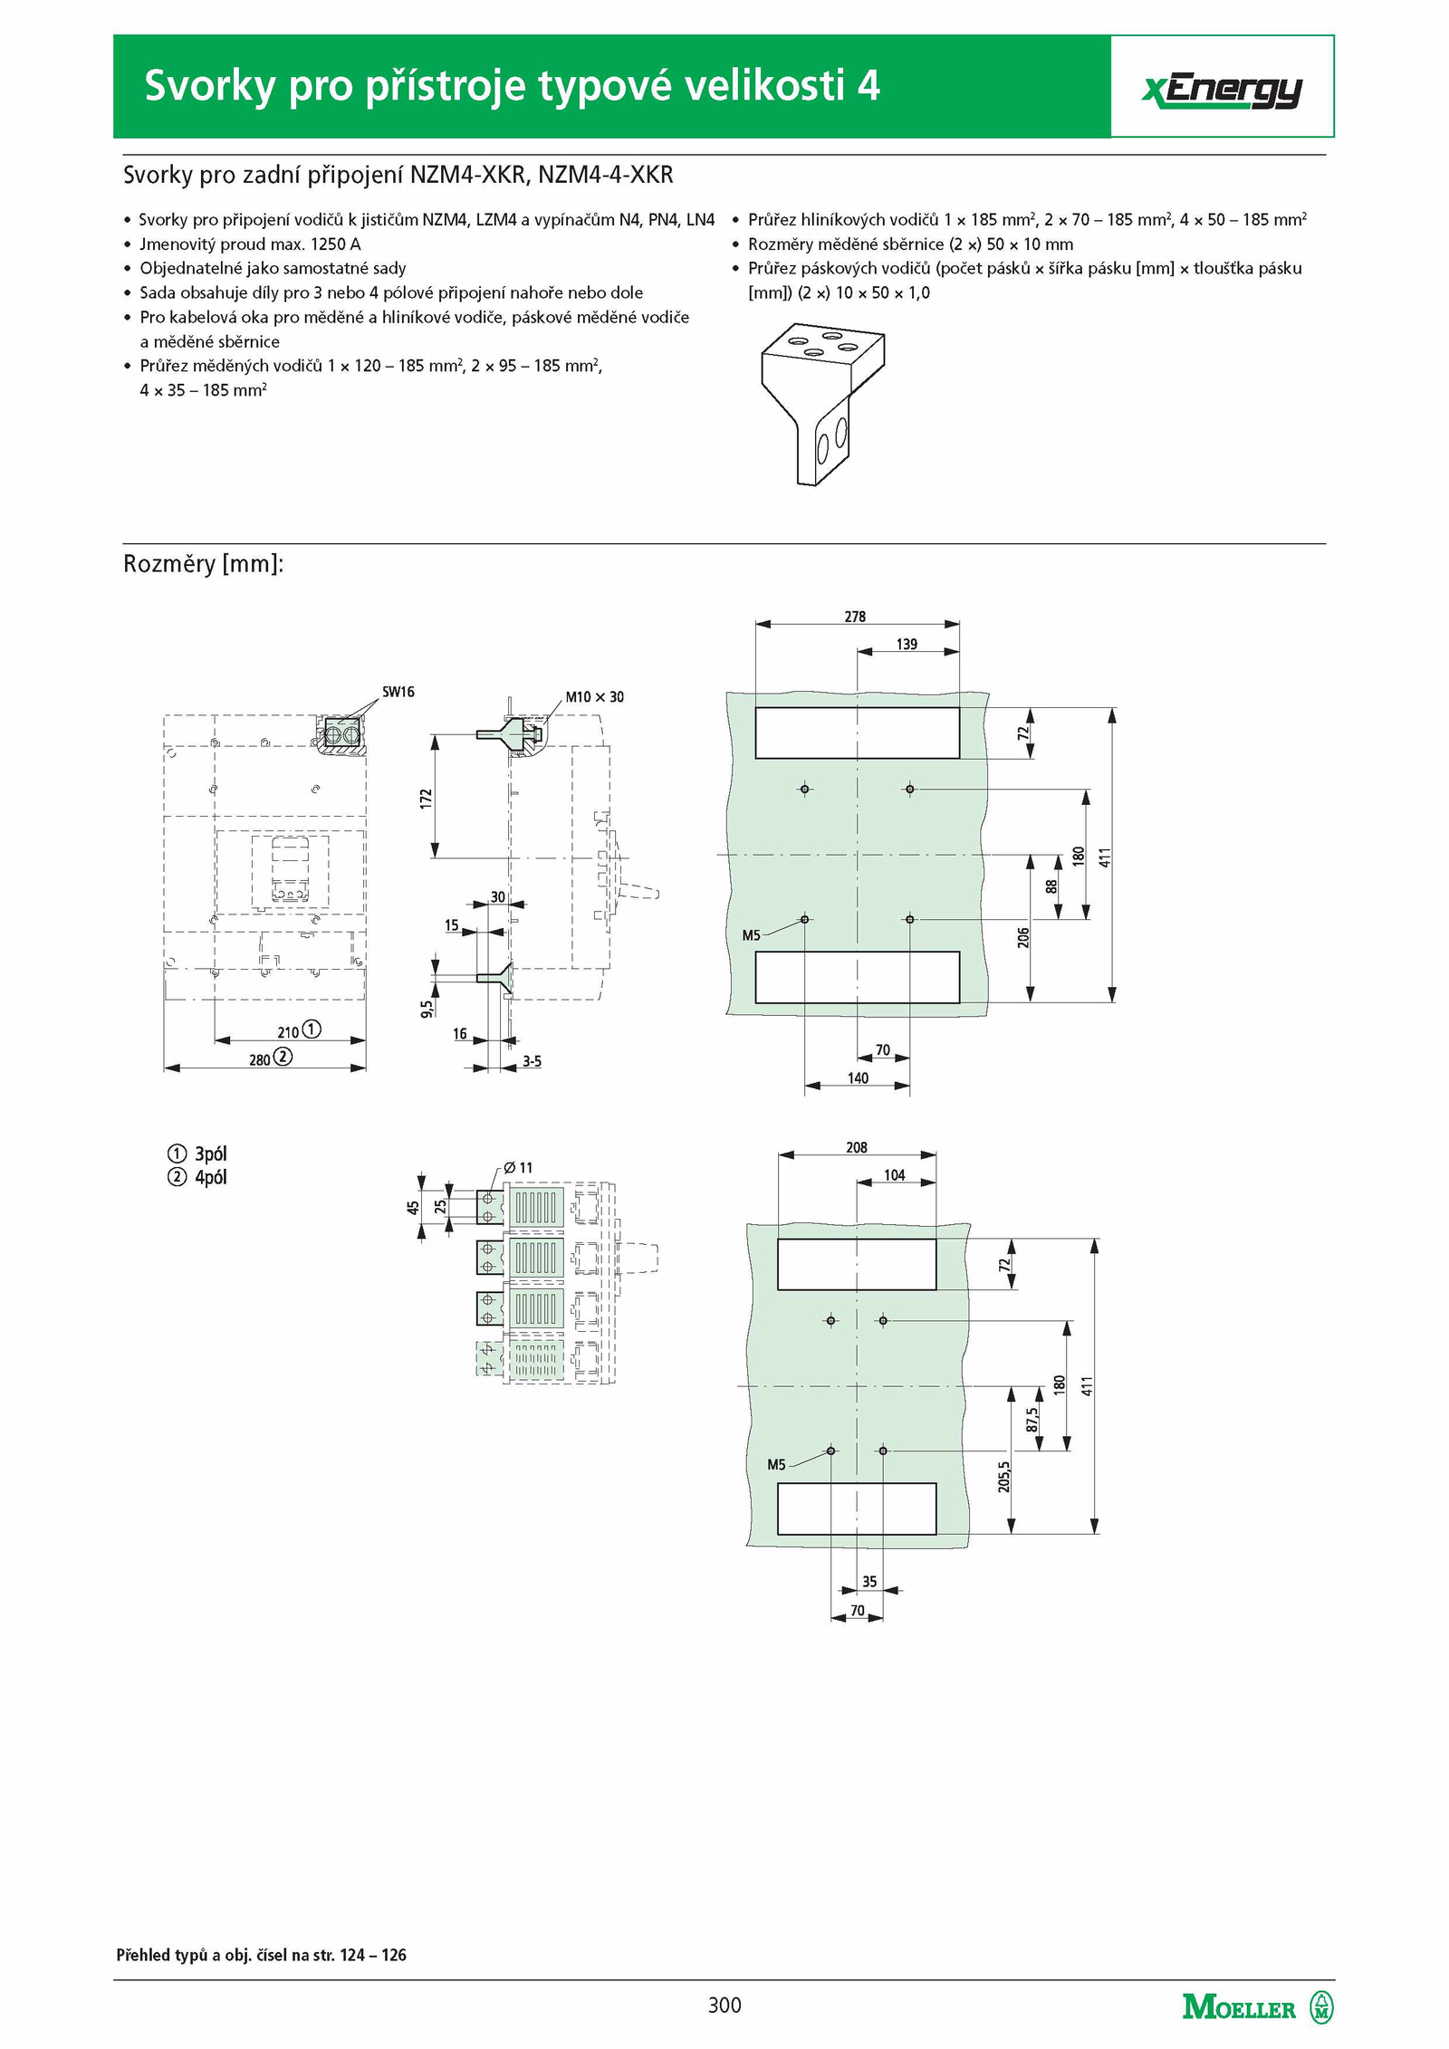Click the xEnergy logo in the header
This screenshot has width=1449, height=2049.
point(1222,91)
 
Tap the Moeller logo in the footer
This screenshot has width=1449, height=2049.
point(1258,2007)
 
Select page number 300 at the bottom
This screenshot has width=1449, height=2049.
point(724,2005)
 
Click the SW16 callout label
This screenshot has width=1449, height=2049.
point(398,692)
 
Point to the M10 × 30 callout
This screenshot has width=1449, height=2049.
point(594,696)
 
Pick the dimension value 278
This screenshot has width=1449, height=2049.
point(855,617)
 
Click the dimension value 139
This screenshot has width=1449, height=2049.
point(907,644)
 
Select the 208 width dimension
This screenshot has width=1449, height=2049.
point(856,1147)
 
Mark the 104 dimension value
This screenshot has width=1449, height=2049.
point(894,1174)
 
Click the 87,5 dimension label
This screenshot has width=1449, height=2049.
point(1032,1419)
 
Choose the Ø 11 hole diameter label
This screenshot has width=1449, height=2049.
point(518,1167)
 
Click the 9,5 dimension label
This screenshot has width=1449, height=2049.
point(427,1008)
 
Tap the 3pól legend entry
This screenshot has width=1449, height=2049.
point(197,1154)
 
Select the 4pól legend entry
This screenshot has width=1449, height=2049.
point(197,1177)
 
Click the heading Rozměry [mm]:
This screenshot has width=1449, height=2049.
point(204,564)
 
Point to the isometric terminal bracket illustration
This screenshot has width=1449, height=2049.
point(822,407)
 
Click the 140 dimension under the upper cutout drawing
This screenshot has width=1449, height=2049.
point(858,1077)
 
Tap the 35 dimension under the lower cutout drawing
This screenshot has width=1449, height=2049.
point(869,1581)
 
